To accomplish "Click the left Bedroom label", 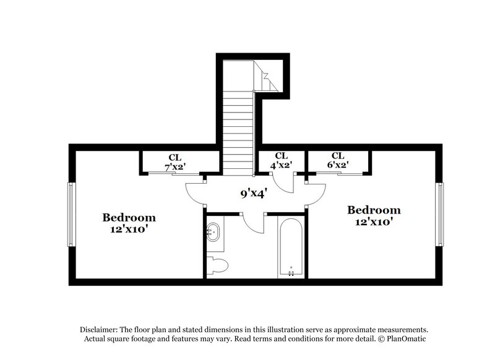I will click(129, 218).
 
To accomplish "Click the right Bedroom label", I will click(373, 210).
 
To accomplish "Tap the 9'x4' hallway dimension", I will click(253, 193).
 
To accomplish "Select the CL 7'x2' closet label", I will click(175, 161).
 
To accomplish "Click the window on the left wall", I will click(71, 214).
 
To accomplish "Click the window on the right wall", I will click(439, 214).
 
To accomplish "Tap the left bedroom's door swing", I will click(197, 193).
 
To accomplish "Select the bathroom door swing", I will click(254, 224).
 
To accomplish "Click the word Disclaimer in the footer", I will click(101, 330).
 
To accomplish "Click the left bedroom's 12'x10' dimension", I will click(129, 228).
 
